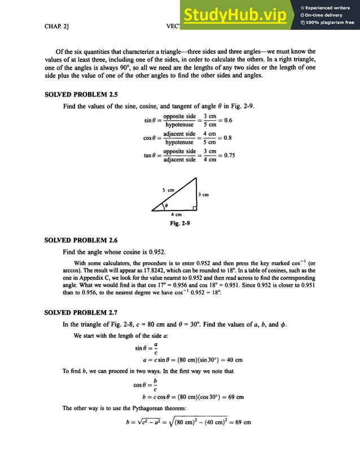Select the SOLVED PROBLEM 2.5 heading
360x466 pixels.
(x=81, y=95)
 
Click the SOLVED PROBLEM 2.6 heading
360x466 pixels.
(x=81, y=240)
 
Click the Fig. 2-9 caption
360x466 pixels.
(x=180, y=223)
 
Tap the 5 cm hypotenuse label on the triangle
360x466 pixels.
(x=168, y=191)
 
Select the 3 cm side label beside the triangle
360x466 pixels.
(x=203, y=195)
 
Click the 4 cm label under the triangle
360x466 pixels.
(x=176, y=214)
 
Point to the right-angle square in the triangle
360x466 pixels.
(x=194, y=208)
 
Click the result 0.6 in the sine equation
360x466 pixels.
(x=228, y=120)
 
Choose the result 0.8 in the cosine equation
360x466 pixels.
(x=228, y=138)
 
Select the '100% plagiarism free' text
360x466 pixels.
(x=330, y=23)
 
